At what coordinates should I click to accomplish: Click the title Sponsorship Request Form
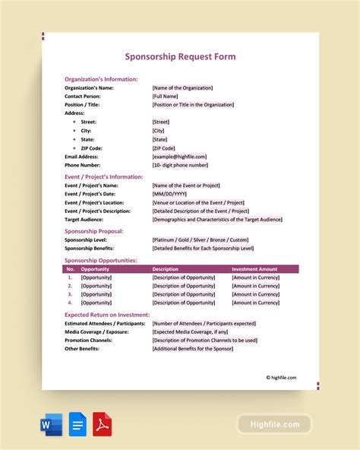(180, 56)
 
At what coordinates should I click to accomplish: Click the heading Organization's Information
(101, 79)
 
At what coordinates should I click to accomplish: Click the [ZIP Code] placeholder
(163, 147)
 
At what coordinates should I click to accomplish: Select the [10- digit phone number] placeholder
(180, 165)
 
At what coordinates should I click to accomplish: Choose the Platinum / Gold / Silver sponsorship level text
(201, 239)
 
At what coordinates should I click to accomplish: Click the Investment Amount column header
(254, 269)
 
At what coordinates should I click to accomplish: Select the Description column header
(166, 269)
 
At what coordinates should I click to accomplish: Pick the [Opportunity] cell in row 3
(96, 294)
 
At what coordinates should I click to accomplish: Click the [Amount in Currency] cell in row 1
(256, 277)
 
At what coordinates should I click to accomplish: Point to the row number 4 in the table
(70, 303)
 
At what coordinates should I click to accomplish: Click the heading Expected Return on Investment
(107, 315)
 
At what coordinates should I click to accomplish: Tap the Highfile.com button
(274, 424)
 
